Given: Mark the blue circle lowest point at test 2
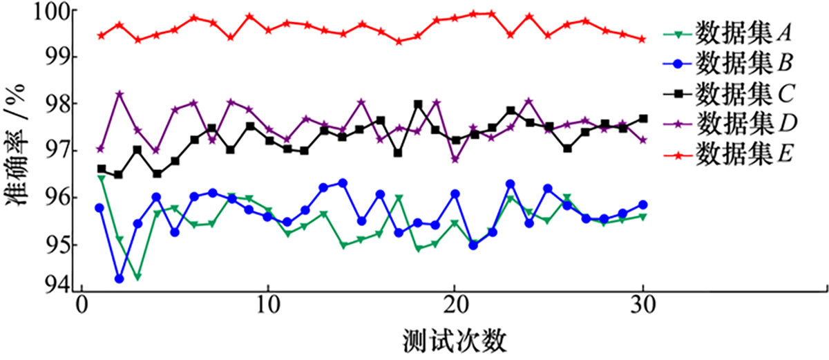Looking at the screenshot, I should tap(119, 279).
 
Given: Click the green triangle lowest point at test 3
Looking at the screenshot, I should tap(137, 277).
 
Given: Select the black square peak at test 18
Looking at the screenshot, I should tap(418, 104).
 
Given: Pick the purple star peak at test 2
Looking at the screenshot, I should tap(119, 94).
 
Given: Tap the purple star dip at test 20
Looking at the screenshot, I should tap(455, 159).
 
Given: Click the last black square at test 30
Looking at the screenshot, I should tap(642, 119).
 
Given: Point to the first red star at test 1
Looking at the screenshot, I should tap(101, 35).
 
